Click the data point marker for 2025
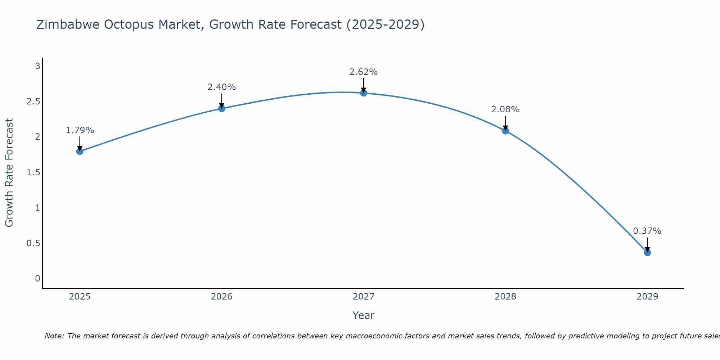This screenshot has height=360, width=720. [x=80, y=152]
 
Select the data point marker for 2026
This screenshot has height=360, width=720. [x=222, y=108]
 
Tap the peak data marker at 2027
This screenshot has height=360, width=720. [x=364, y=93]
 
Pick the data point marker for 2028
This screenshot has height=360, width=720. [x=505, y=131]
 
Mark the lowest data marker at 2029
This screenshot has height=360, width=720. [x=647, y=252]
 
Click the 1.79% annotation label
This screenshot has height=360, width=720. [x=80, y=130]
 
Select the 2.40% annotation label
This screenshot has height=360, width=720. [x=222, y=87]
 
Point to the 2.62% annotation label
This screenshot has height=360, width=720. [x=364, y=72]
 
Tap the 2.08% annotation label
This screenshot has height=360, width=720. [x=505, y=109]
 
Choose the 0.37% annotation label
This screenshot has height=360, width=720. [x=647, y=231]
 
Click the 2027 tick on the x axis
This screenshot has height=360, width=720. [x=364, y=297]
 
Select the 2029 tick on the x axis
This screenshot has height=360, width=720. [x=647, y=297]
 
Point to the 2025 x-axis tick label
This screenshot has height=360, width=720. [x=80, y=297]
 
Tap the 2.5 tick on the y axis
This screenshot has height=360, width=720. [x=33, y=102]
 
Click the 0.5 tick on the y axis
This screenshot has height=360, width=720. [x=33, y=243]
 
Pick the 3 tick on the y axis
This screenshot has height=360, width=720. [x=37, y=66]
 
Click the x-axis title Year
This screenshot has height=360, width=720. [x=364, y=315]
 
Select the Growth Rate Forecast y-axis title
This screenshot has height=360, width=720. [x=9, y=173]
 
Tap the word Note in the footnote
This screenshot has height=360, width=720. [x=54, y=336]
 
